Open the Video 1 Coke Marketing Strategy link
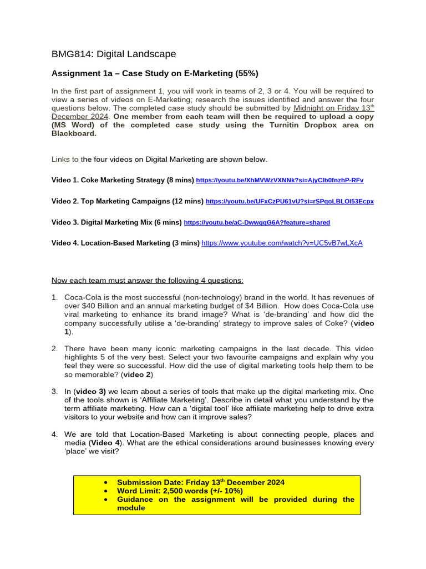280,181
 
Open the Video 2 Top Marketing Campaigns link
289,201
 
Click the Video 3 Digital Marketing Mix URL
256,222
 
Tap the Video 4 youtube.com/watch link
282,243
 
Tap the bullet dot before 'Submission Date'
106,482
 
